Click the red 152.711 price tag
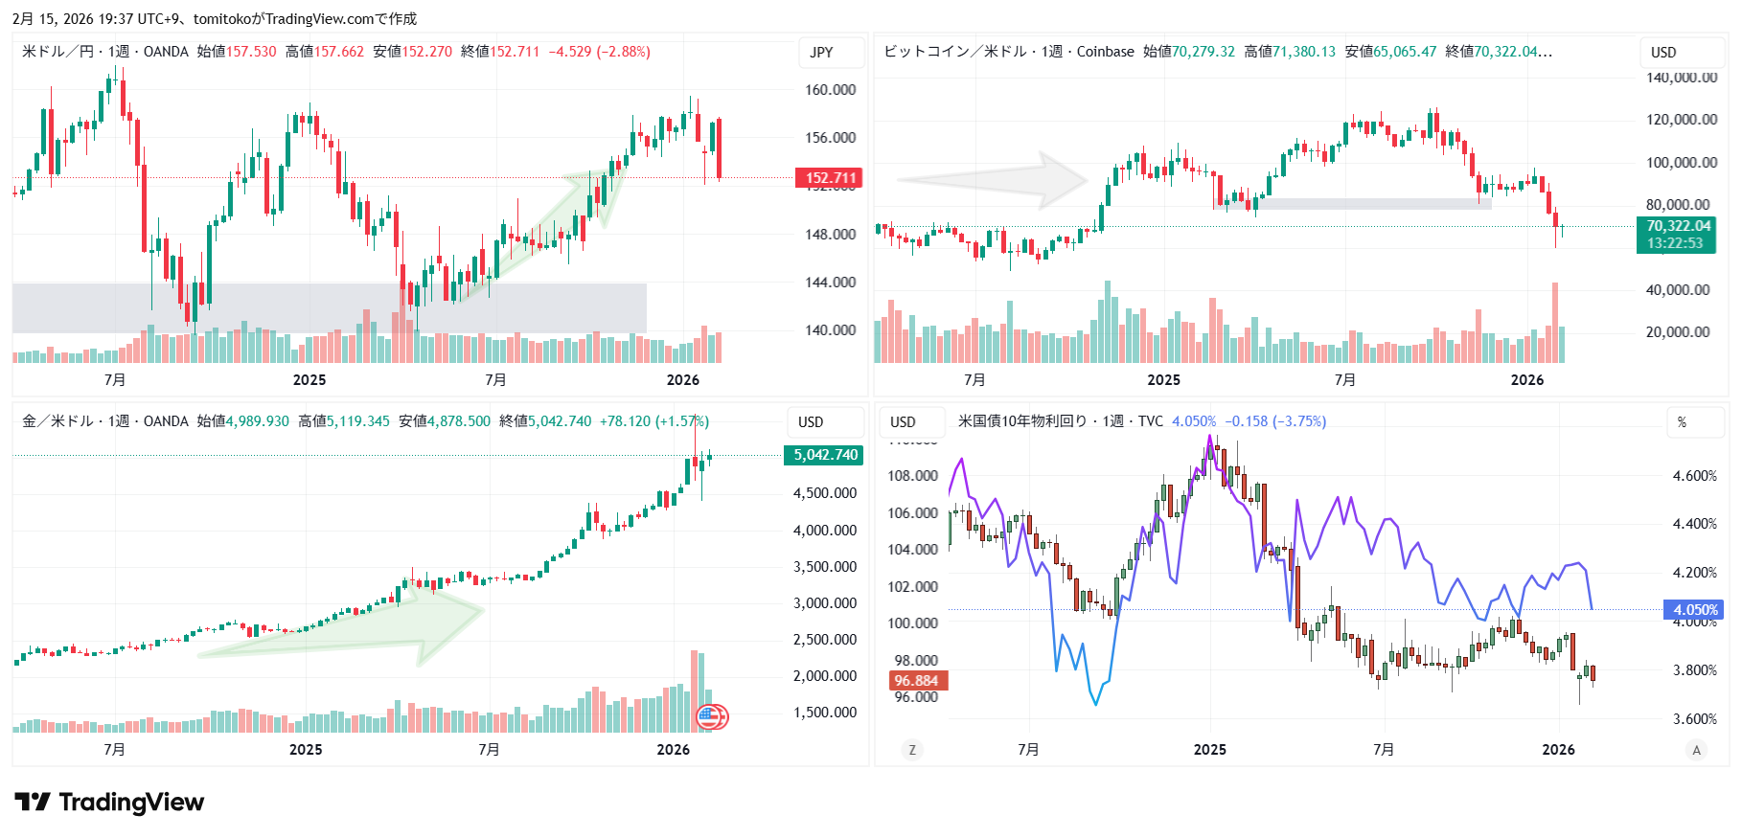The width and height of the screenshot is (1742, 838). click(x=829, y=177)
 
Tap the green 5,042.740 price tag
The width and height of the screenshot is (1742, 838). click(x=824, y=455)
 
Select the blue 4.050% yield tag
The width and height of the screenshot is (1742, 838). click(x=1694, y=610)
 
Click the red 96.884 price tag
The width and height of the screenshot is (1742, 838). click(x=917, y=681)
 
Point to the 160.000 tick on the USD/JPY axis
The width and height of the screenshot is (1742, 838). click(x=830, y=90)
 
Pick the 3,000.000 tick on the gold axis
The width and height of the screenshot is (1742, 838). click(x=824, y=603)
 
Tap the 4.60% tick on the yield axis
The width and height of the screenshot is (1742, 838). click(x=1694, y=476)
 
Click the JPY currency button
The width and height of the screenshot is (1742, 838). click(x=821, y=53)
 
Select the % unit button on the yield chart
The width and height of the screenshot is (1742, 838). click(x=1682, y=422)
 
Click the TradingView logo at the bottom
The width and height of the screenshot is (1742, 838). click(x=109, y=803)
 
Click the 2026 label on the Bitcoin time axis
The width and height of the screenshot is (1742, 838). click(x=1526, y=380)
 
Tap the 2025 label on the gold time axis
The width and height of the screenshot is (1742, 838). click(x=306, y=750)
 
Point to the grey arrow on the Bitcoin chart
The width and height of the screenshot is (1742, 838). click(x=997, y=179)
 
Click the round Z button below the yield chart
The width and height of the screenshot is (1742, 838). click(x=912, y=750)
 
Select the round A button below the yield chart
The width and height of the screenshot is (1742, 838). click(x=1696, y=750)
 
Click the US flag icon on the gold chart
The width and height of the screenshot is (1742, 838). click(x=709, y=715)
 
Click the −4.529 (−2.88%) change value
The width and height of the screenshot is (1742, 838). click(x=599, y=52)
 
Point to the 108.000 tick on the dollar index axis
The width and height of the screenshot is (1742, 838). click(x=912, y=476)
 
